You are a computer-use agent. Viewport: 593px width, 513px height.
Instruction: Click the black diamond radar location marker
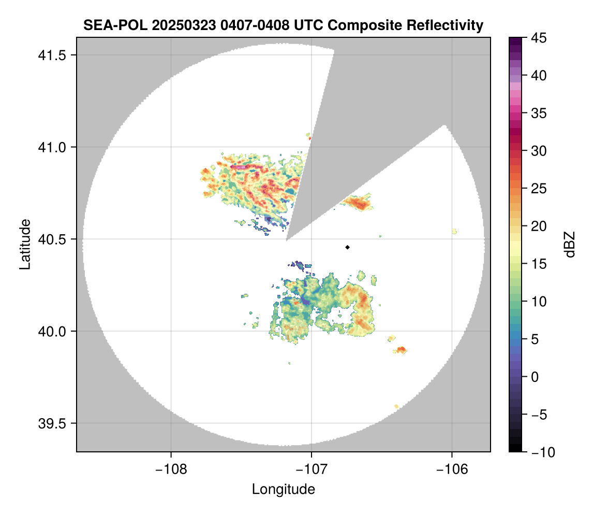point(347,247)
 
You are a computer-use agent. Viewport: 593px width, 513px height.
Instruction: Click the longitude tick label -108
point(170,469)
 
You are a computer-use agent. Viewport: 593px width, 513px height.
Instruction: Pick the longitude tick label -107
point(312,469)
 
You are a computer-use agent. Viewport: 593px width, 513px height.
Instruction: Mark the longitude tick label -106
point(452,469)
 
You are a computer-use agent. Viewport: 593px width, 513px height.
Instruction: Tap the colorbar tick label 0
point(535,377)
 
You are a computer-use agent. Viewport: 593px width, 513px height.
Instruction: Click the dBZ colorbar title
point(570,245)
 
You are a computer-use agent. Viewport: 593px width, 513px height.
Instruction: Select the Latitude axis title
point(24,245)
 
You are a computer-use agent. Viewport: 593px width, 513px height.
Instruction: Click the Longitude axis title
point(284,489)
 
